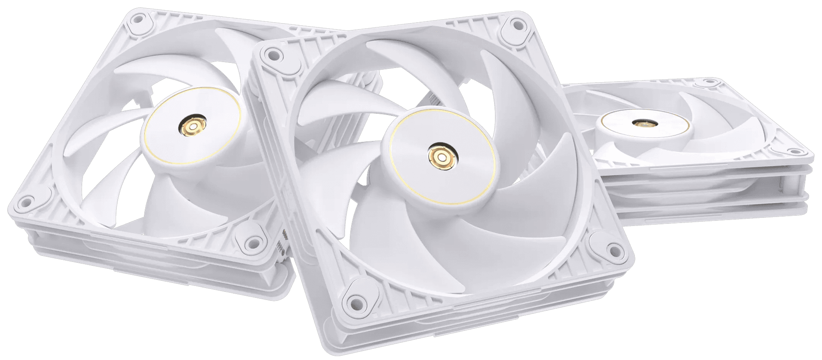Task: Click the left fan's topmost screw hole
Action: [x=138, y=18]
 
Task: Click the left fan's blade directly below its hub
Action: [x=180, y=205]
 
